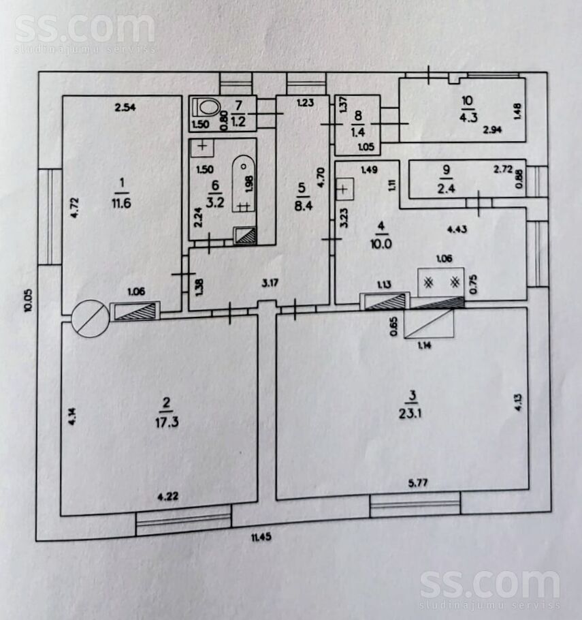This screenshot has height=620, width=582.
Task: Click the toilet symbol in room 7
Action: point(206,107)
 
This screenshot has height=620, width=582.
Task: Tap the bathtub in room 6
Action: point(244,184)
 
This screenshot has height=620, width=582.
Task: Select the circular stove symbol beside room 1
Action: point(90,318)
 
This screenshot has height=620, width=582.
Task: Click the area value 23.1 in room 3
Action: point(411,414)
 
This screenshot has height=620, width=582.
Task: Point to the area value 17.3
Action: point(167,422)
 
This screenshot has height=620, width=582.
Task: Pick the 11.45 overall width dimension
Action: point(261,537)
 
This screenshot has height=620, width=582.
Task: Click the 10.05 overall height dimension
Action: point(28,301)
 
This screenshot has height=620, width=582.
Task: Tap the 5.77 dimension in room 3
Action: point(418,483)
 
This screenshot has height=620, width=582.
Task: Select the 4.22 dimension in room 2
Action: point(168,496)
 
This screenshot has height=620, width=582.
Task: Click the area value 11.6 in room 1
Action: point(121,203)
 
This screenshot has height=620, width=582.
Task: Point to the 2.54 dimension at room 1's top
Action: point(125,107)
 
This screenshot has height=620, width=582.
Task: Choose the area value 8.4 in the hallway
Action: point(304,205)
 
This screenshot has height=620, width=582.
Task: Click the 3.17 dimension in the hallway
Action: point(270,283)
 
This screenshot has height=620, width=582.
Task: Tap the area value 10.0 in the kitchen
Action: point(381,244)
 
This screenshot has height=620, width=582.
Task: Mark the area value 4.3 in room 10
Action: point(468,118)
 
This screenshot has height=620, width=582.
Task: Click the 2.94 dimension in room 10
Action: point(492,129)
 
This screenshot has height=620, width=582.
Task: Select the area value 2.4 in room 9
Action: point(446,188)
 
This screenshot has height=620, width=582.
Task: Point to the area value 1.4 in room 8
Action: point(358,132)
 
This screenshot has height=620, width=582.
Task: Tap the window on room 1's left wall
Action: point(50,216)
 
